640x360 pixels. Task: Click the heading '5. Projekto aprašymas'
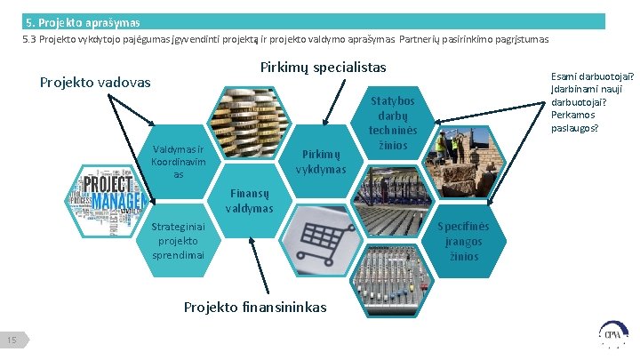[83, 21]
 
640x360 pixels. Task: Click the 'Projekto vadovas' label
[96, 83]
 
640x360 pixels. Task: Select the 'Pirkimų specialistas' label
[323, 68]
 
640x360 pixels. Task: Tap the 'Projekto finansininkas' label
[254, 308]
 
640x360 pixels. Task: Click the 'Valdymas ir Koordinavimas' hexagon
[178, 162]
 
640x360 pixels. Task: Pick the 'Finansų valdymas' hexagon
[250, 201]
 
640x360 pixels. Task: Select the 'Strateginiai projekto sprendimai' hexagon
[178, 241]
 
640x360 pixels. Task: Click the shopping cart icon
[322, 236]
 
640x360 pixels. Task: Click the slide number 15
[13, 340]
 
